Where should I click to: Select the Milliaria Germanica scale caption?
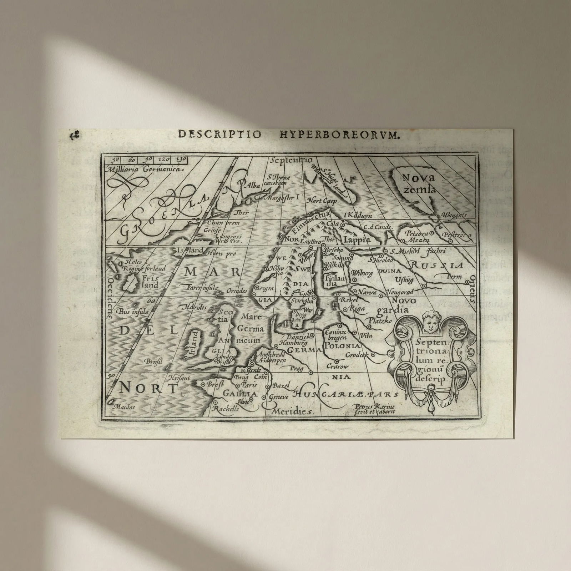(145, 170)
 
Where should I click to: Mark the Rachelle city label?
(225, 409)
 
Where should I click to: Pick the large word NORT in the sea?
(148, 388)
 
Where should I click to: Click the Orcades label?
(236, 291)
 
